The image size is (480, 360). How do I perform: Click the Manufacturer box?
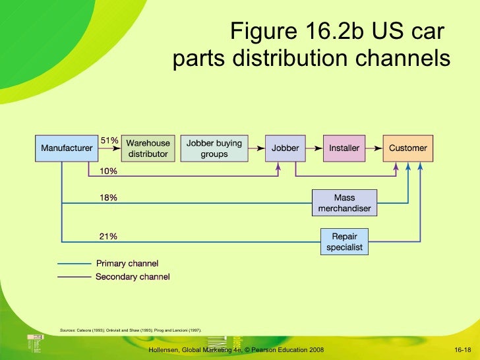coord(67,148)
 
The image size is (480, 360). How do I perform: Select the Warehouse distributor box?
coord(148,148)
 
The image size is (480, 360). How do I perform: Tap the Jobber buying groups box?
coord(214,148)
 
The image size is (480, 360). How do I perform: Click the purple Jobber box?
coord(285,148)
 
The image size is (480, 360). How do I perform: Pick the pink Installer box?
coord(344,148)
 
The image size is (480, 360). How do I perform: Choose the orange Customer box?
coord(408,148)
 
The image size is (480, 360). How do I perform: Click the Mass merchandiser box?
coord(344,203)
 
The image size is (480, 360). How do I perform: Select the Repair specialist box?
coord(344,241)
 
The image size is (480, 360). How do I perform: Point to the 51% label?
coord(109,140)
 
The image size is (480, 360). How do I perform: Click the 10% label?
coord(109,171)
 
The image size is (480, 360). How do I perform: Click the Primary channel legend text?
coord(127,264)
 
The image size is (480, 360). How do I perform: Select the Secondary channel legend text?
coord(133,277)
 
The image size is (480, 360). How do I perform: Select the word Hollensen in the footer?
coord(166,349)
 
